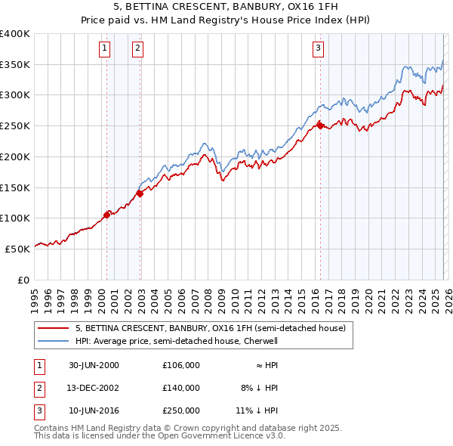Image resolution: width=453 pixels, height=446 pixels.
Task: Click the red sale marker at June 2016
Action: coord(320,125)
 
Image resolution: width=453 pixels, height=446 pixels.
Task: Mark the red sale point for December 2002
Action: coord(140,194)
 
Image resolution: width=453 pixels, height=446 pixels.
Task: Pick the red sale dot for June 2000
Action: coord(106,214)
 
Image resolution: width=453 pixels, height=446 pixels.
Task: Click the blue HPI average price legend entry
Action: coord(177,341)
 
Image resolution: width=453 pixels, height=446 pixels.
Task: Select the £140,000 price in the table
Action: coord(180,388)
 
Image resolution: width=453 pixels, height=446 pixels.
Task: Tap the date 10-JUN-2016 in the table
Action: coord(94,410)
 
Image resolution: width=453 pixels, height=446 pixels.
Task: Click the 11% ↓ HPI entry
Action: coord(257,410)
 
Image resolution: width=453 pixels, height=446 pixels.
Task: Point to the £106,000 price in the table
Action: coord(180,365)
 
